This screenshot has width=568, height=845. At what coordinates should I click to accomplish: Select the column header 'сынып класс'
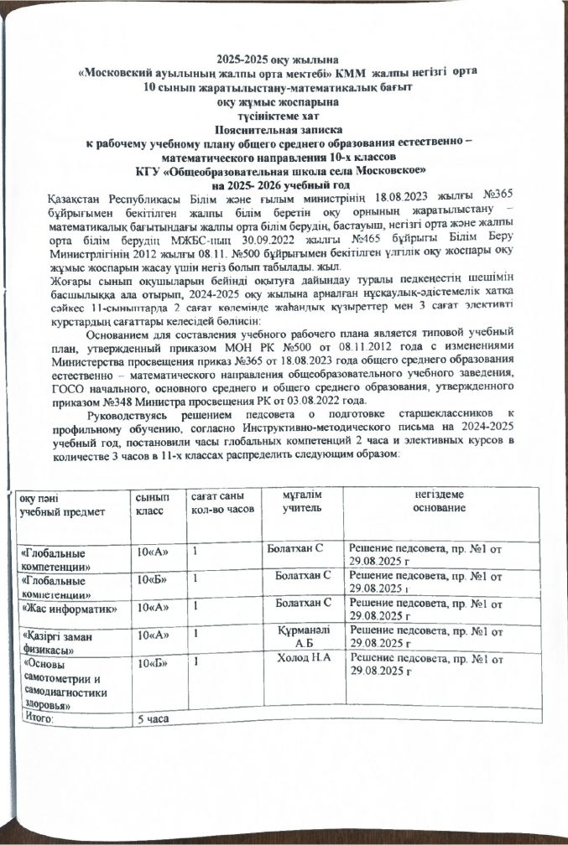pyautogui.click(x=151, y=504)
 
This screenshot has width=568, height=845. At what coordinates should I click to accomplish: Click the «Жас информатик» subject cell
pyautogui.click(x=68, y=606)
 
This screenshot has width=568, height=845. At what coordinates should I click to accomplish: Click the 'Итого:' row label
pyautogui.click(x=37, y=719)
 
